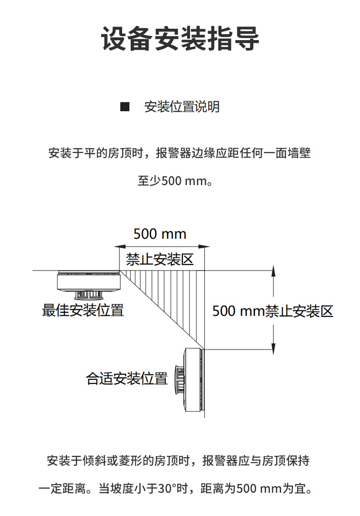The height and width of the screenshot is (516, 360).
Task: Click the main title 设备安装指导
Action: (180, 38)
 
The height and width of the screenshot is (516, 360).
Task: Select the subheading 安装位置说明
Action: (182, 107)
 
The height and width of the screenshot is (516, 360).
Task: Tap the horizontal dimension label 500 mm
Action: (160, 234)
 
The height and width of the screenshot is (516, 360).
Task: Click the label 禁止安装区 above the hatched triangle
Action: (160, 260)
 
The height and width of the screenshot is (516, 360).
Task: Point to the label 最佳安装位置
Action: (83, 310)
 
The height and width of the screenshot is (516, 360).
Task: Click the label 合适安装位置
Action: (127, 378)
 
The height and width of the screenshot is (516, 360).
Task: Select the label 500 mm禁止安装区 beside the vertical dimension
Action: (273, 311)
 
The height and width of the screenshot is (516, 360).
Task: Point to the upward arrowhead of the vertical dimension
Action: (273, 272)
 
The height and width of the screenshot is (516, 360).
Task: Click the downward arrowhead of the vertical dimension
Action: (273, 347)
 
